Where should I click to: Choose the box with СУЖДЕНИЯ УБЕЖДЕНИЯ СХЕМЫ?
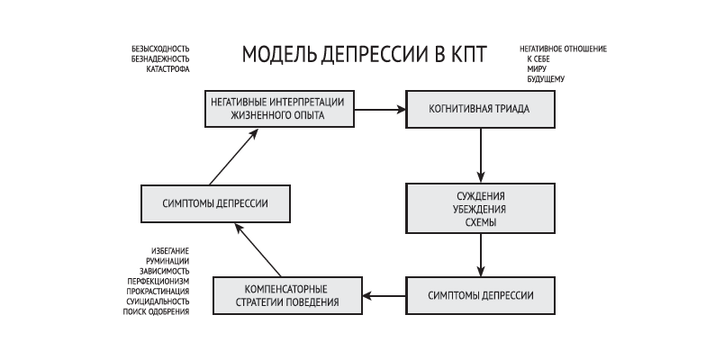click(x=479, y=210)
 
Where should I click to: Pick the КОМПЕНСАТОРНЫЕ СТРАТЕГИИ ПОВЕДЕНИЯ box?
click(x=287, y=295)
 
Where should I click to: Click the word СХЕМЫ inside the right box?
click(x=479, y=223)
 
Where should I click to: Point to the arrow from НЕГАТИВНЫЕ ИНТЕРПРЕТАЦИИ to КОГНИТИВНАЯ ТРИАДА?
click(x=378, y=110)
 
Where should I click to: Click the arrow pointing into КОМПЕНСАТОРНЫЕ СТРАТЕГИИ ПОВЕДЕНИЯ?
click(x=384, y=295)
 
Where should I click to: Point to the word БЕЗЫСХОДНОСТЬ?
click(x=159, y=49)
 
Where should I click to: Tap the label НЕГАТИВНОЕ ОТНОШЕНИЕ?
click(x=563, y=48)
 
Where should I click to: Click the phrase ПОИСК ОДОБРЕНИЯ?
click(x=156, y=311)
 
